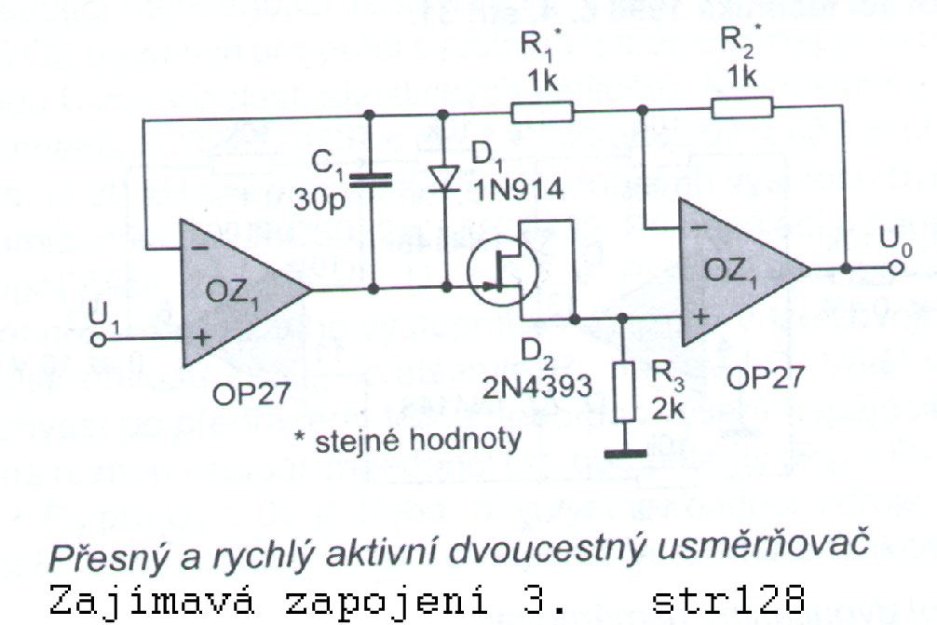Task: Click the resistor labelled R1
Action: pos(542,112)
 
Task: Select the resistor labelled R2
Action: pos(741,107)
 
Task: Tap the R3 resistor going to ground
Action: pos(624,392)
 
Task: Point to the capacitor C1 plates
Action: pos(370,180)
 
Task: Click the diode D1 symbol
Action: pos(444,179)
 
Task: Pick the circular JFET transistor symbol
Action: pos(503,271)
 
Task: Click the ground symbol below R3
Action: pos(625,454)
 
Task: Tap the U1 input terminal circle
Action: pos(100,339)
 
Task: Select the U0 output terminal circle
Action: pos(895,267)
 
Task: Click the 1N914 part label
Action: pos(518,189)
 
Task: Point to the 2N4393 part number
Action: pos(536,387)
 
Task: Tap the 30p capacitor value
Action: pos(319,200)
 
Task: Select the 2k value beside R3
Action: pos(668,409)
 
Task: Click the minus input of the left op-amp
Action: pos(201,248)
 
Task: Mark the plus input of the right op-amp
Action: pos(701,316)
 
